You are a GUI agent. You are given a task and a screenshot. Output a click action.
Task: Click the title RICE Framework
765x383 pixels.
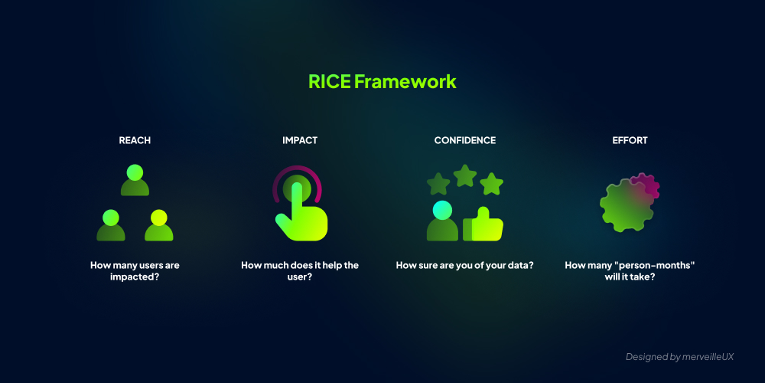(382, 81)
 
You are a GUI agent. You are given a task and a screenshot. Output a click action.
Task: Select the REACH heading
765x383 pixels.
(135, 141)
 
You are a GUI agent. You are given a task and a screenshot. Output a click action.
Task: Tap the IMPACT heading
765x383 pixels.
(300, 141)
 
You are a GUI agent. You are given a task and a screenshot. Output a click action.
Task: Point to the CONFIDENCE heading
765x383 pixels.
(464, 141)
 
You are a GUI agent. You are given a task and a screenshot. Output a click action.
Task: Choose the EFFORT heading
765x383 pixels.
(630, 141)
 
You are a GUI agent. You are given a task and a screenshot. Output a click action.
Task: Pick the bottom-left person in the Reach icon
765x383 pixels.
(111, 226)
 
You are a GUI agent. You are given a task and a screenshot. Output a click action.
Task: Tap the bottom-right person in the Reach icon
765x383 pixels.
(158, 226)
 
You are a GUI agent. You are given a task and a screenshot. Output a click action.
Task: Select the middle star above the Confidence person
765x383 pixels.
(465, 176)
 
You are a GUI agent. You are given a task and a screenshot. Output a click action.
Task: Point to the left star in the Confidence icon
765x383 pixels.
(438, 184)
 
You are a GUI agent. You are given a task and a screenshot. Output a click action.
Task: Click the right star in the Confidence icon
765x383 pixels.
(491, 184)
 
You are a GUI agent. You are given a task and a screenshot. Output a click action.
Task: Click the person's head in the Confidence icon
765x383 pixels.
(442, 209)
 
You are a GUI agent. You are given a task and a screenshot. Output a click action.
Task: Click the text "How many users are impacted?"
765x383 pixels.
(135, 271)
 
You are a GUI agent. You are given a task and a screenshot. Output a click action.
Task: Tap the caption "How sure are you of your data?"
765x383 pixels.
(464, 265)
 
